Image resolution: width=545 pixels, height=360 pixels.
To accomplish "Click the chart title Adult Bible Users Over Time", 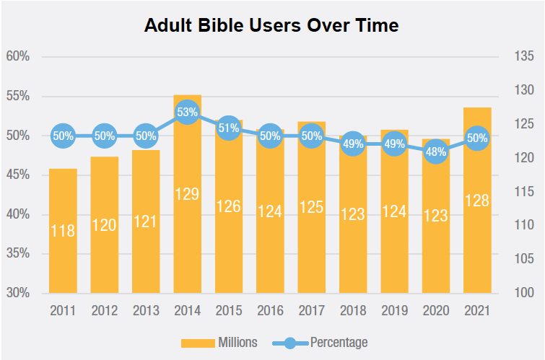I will pyautogui.click(x=271, y=25).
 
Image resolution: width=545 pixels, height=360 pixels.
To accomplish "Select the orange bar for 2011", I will pyautogui.click(x=63, y=238).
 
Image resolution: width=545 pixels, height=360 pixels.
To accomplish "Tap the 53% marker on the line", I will pyautogui.click(x=187, y=113).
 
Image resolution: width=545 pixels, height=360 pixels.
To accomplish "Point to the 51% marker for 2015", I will pyautogui.click(x=228, y=128).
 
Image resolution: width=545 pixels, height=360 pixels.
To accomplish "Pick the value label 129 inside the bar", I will pyautogui.click(x=187, y=193).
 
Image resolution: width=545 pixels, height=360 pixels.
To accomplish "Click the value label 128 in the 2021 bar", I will pyautogui.click(x=477, y=201).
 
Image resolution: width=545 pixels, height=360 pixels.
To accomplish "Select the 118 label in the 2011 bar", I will pyautogui.click(x=63, y=231).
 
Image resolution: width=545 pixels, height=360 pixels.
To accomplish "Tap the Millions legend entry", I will pyautogui.click(x=218, y=342).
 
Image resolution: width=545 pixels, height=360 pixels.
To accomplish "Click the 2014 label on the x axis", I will pyautogui.click(x=187, y=311).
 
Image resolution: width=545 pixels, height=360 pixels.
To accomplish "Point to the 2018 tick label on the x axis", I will pyautogui.click(x=353, y=311).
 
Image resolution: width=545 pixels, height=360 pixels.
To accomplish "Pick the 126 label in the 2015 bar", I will pyautogui.click(x=228, y=206).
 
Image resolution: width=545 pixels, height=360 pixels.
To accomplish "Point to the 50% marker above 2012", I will pyautogui.click(x=104, y=136).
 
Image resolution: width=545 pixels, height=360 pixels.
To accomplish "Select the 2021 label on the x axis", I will pyautogui.click(x=477, y=311).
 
